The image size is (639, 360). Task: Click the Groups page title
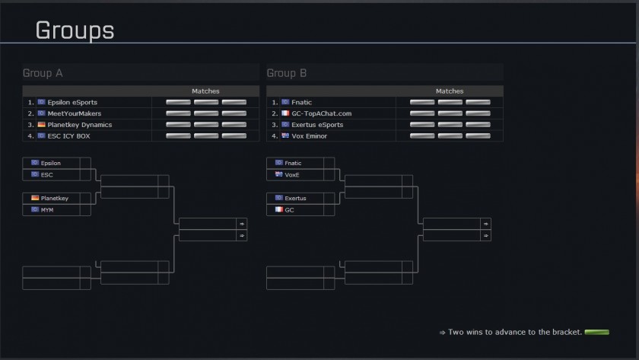(75, 30)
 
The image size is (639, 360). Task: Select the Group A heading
(43, 73)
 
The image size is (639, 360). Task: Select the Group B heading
(287, 73)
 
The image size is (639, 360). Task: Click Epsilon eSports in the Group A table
(72, 102)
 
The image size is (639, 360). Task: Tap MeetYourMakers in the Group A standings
(73, 113)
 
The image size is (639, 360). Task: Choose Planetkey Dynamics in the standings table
(79, 125)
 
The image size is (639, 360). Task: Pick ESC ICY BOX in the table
(70, 136)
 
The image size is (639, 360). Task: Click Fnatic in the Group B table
(302, 102)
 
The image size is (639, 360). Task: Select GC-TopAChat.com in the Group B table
(322, 113)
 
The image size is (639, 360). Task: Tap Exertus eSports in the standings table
(317, 125)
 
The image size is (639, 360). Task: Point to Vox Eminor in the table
(309, 136)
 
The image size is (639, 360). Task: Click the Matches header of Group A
(205, 91)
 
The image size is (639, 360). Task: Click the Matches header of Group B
(450, 91)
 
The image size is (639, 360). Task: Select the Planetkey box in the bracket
(56, 198)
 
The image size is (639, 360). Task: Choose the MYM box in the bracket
(56, 209)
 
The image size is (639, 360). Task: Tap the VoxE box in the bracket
(300, 174)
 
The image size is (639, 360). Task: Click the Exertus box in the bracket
(300, 198)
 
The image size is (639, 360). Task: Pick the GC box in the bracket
(300, 209)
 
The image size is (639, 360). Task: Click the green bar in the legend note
(598, 332)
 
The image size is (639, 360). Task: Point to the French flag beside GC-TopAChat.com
(285, 113)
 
